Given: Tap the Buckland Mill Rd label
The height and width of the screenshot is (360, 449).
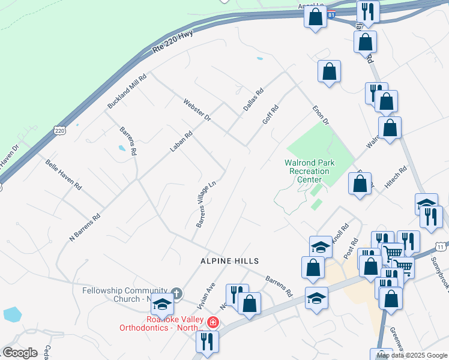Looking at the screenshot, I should (127, 91).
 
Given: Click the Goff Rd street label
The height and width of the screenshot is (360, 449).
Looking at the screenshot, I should (271, 115).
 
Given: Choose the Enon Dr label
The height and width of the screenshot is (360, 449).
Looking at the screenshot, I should (321, 116).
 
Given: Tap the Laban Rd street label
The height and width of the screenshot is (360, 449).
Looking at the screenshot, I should (180, 142).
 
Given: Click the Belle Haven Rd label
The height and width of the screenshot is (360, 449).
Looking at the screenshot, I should (64, 175).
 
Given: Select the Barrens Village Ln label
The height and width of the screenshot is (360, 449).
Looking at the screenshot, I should (205, 205).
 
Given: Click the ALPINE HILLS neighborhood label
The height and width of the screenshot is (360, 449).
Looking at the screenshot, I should (230, 261).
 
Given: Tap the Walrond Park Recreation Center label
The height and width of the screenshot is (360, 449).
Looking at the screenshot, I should (309, 171).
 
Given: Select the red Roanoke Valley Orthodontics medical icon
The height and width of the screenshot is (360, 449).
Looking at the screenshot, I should (212, 323).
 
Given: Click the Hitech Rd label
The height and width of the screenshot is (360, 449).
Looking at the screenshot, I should (396, 178).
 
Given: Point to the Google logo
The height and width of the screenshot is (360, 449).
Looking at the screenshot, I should (20, 353).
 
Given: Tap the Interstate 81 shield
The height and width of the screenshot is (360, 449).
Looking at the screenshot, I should (331, 14).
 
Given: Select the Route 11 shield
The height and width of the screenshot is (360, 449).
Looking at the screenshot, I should (441, 247).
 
